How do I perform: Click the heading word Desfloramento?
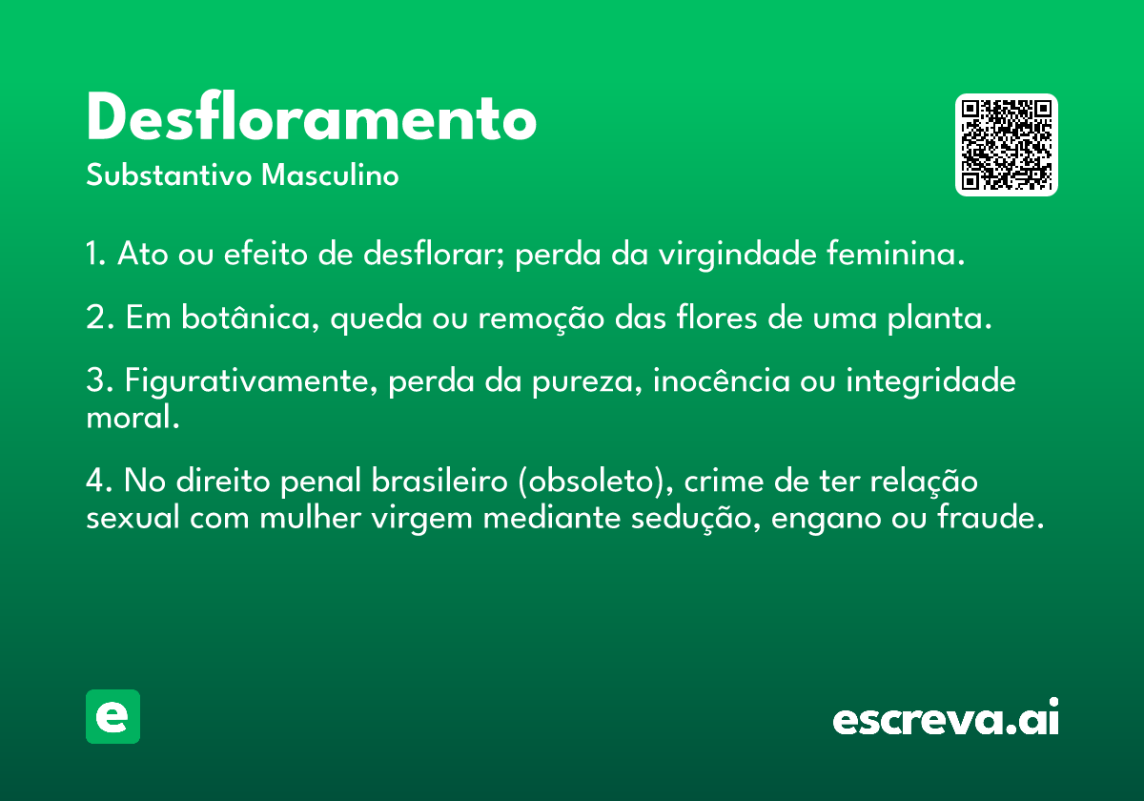(x=312, y=116)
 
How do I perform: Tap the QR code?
(x=1006, y=145)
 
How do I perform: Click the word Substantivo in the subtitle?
(x=169, y=175)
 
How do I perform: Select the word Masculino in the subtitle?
(x=330, y=175)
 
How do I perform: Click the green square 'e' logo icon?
(x=112, y=716)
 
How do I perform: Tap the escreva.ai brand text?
(x=946, y=717)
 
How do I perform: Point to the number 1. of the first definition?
(x=96, y=254)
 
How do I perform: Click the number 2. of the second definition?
(x=100, y=318)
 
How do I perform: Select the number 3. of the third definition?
(x=100, y=380)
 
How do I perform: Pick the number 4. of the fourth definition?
(x=99, y=481)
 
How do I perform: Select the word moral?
(x=133, y=417)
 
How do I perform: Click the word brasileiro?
(x=439, y=481)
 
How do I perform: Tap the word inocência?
(x=722, y=380)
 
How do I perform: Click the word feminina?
(x=896, y=254)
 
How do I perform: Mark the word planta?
(x=940, y=318)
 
